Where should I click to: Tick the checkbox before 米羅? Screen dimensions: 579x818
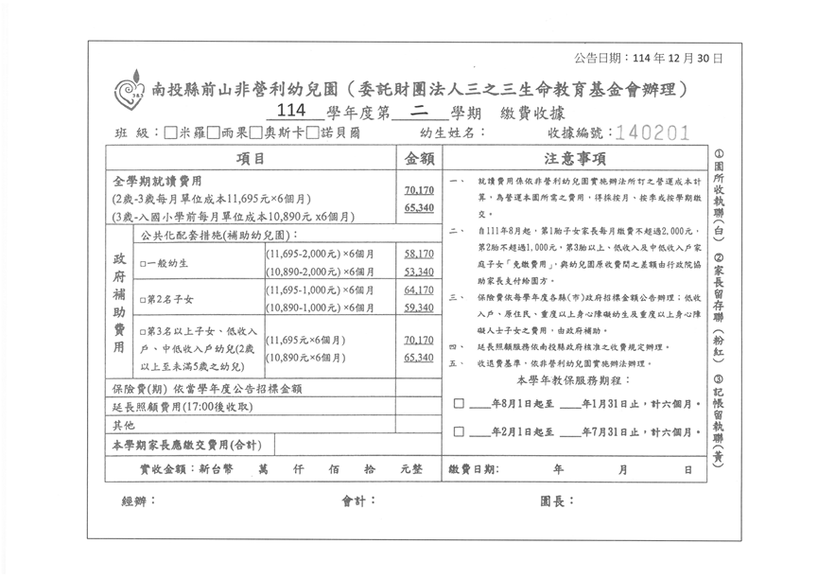(x=170, y=133)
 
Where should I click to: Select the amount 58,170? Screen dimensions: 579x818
(x=418, y=254)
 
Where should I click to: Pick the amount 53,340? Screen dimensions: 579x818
(x=418, y=272)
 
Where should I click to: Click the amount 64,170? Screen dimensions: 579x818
(x=418, y=290)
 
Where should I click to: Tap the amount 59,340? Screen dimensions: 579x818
(x=418, y=308)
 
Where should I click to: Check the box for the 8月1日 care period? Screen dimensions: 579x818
(x=459, y=403)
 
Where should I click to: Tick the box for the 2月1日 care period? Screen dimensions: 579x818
(x=459, y=432)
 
